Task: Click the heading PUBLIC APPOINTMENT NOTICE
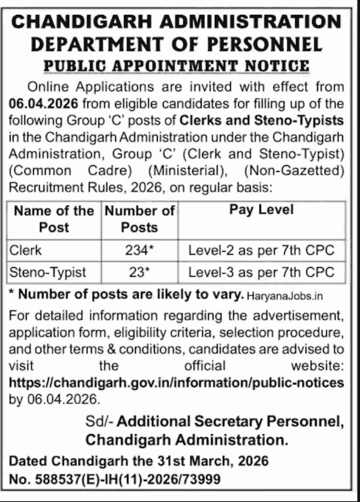[x=180, y=66]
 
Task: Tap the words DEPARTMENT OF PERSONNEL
[x=180, y=43]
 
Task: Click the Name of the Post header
[x=55, y=219]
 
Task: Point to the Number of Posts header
[x=139, y=219]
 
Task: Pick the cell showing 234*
[x=139, y=250]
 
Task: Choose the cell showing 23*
[x=139, y=272]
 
